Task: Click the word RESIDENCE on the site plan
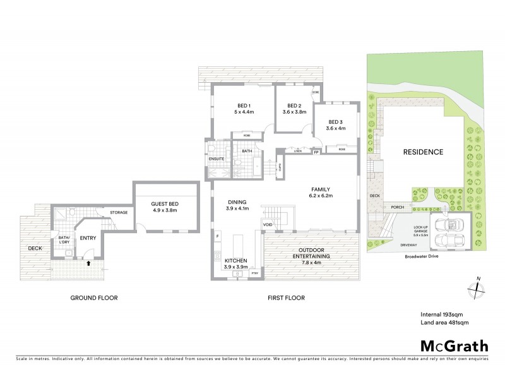(424, 152)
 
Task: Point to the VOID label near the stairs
(268, 224)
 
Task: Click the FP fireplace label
(316, 152)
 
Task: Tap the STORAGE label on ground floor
(119, 212)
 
